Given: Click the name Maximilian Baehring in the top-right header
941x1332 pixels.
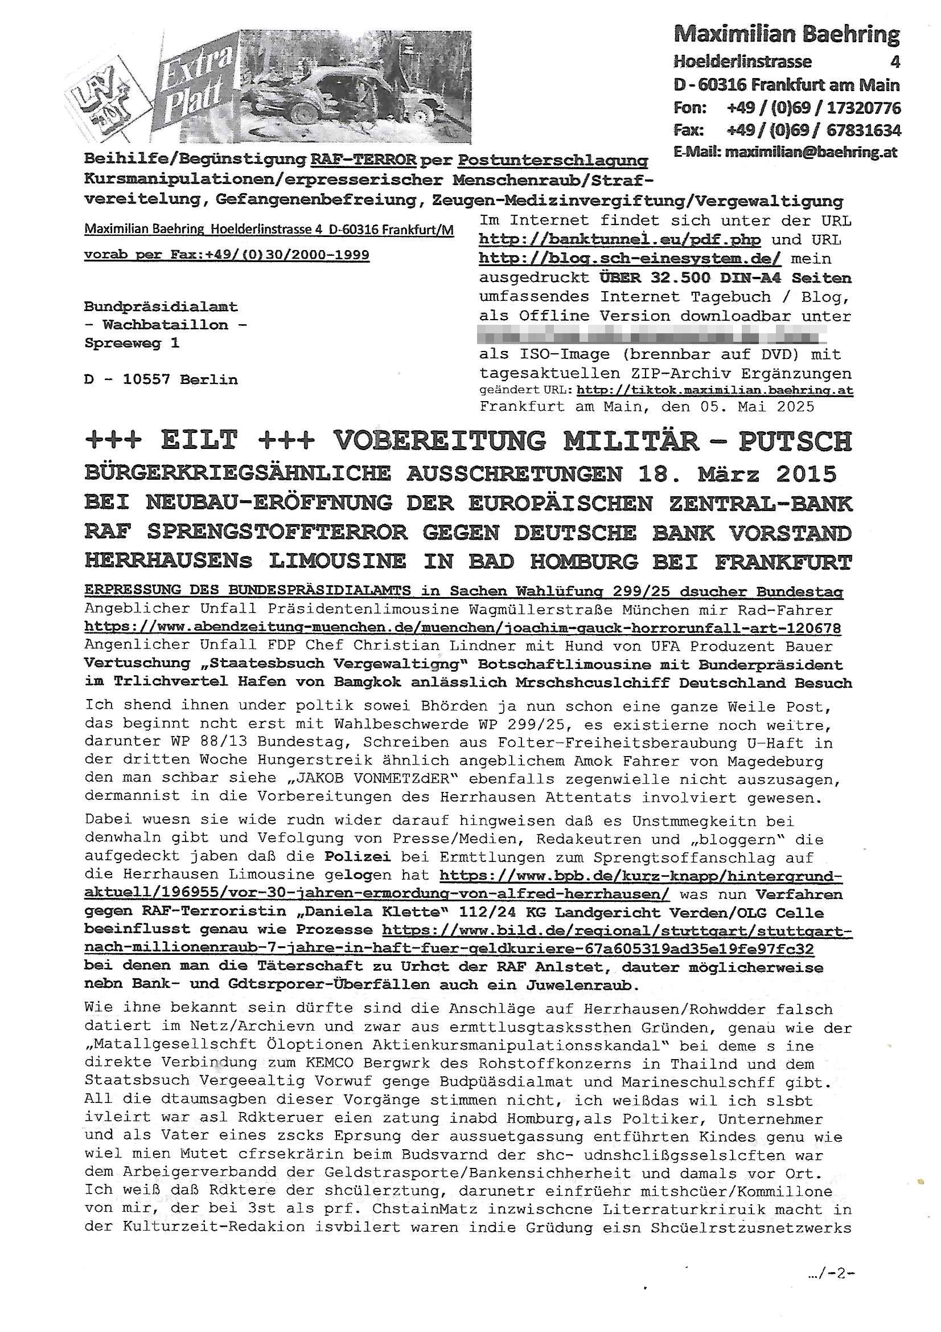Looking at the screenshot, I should pyautogui.click(x=786, y=35).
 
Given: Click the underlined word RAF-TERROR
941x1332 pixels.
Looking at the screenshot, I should pyautogui.click(x=364, y=159).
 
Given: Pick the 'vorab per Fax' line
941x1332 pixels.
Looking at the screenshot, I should pyautogui.click(x=227, y=255).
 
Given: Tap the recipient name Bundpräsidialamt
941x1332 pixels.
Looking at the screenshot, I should pyautogui.click(x=161, y=307).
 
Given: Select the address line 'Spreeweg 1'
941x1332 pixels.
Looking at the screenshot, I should pyautogui.click(x=132, y=343).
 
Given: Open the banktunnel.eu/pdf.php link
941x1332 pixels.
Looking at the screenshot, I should pyautogui.click(x=620, y=240).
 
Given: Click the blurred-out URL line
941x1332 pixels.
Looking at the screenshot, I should pyautogui.click(x=652, y=336).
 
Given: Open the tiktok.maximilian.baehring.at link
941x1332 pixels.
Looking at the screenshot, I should pyautogui.click(x=715, y=390).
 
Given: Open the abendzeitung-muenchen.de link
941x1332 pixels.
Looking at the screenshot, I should pyautogui.click(x=463, y=628).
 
